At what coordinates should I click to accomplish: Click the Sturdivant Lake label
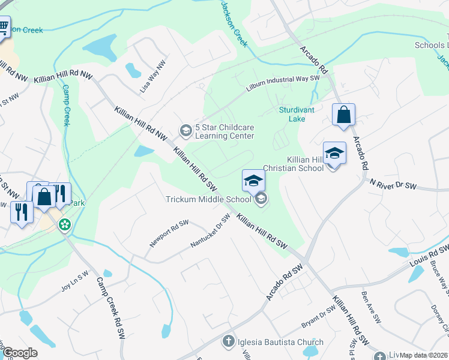tap(292, 114)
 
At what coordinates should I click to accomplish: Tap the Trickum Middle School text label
tap(208, 199)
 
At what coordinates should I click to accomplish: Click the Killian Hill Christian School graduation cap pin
tap(334, 154)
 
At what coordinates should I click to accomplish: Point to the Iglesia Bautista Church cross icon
tap(228, 342)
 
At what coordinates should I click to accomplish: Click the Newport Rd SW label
tap(169, 233)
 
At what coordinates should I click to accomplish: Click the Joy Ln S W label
tap(74, 280)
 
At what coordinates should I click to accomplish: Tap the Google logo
tap(20, 352)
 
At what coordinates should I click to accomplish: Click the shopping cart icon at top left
tap(3, 27)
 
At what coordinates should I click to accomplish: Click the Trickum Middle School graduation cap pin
tap(253, 181)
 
